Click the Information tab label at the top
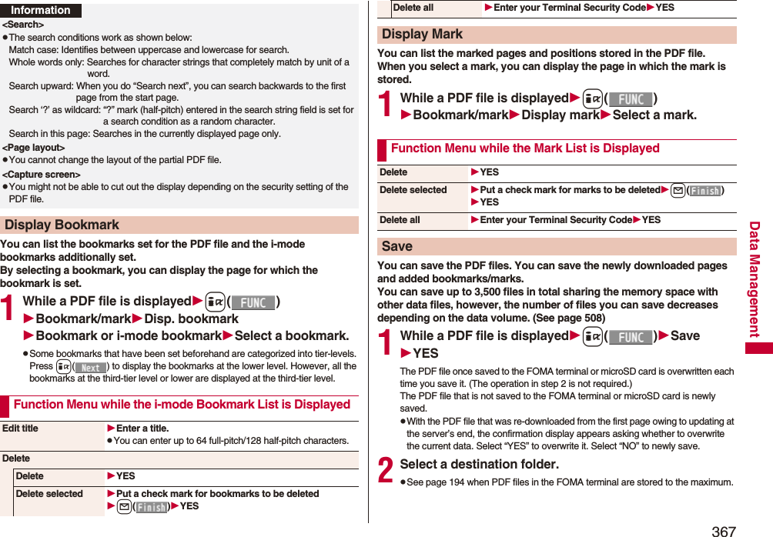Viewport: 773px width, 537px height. [40, 10]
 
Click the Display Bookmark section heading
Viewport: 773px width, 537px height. [62, 225]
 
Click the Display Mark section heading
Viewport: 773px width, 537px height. [423, 35]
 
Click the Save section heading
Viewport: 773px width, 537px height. [397, 246]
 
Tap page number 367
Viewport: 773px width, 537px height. [723, 530]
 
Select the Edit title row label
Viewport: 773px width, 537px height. [20, 429]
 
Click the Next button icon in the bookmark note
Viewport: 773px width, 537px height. [91, 367]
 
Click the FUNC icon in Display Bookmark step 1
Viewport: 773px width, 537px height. [253, 302]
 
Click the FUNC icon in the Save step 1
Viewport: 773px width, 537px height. [631, 336]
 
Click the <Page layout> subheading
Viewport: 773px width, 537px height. [34, 147]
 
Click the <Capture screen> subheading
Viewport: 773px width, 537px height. [42, 175]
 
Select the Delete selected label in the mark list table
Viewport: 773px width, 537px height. [413, 190]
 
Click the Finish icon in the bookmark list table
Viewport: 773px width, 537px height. [152, 507]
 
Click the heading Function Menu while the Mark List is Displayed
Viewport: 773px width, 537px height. [525, 148]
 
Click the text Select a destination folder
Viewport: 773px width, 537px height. [479, 464]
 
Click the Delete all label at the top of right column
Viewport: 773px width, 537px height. [413, 8]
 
